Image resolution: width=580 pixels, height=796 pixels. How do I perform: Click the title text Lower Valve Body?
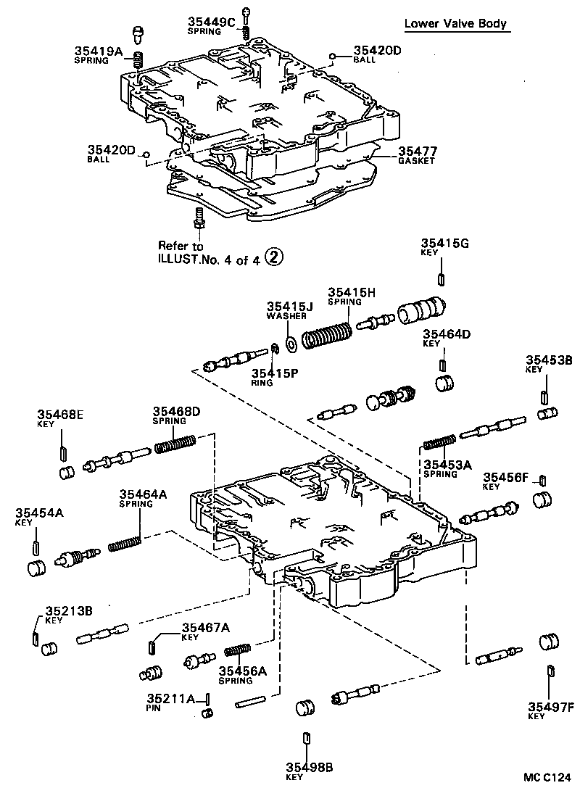point(455,23)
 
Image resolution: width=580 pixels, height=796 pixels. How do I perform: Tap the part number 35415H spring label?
point(351,292)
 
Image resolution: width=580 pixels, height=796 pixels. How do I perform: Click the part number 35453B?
point(549,360)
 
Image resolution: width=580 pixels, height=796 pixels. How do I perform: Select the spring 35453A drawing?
point(439,442)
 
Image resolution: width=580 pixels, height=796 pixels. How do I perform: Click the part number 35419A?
point(98,51)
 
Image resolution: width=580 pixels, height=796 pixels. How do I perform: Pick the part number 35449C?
point(212,23)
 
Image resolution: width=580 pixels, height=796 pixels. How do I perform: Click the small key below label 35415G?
point(441,280)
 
